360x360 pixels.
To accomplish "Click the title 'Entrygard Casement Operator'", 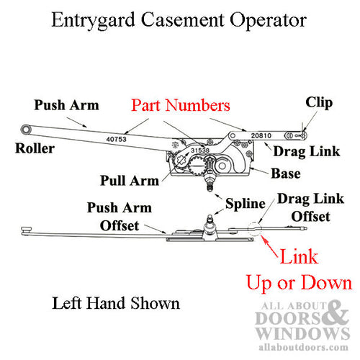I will (179, 20).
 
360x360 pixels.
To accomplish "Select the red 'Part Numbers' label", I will (180, 105).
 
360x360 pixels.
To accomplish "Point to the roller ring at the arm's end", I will (27, 129).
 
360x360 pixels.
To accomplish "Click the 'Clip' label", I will (318, 102).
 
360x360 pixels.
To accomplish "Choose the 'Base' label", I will (285, 174).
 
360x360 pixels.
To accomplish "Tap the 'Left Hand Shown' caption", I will (116, 303).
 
